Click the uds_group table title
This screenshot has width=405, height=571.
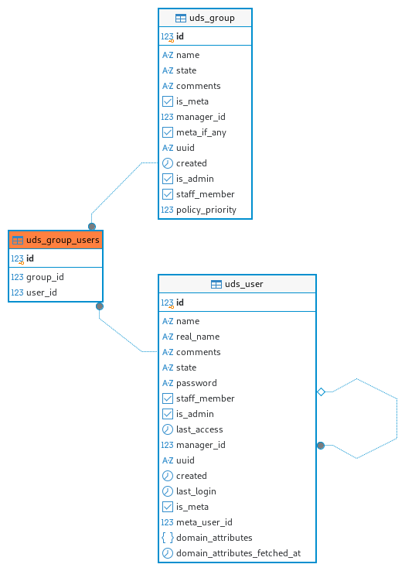(x=212, y=18)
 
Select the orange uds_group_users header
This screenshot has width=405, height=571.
(x=56, y=240)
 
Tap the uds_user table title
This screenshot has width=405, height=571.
(x=243, y=284)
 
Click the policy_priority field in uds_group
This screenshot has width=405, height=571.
(x=206, y=210)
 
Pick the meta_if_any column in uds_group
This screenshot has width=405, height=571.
(x=201, y=132)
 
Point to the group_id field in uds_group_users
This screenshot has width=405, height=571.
(x=45, y=277)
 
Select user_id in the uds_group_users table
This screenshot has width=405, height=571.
(x=42, y=292)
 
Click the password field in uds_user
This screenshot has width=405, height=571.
(x=196, y=383)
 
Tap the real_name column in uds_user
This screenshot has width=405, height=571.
(x=198, y=337)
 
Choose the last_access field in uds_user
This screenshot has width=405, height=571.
(x=199, y=429)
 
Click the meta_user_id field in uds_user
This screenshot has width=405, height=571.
(x=204, y=522)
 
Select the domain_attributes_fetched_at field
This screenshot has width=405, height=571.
(x=238, y=553)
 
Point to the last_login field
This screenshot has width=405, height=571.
(x=196, y=491)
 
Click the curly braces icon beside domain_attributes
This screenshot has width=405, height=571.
(x=168, y=538)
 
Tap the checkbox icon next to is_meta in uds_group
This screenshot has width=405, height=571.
(x=168, y=101)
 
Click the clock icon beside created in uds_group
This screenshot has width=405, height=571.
(x=168, y=163)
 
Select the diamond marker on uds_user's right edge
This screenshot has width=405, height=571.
(x=321, y=391)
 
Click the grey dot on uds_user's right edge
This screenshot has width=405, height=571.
(x=321, y=446)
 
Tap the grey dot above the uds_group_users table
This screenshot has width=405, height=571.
(x=92, y=227)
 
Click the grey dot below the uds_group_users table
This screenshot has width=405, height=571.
(x=100, y=306)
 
